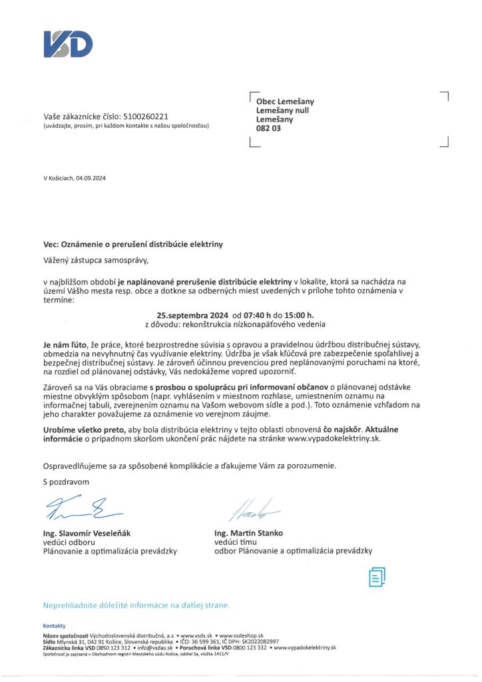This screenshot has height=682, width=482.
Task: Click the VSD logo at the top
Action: click(x=68, y=44)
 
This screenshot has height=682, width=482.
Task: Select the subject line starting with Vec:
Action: click(x=133, y=244)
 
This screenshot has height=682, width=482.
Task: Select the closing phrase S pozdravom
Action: click(x=66, y=480)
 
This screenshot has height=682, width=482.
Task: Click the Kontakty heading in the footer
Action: click(x=54, y=627)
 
